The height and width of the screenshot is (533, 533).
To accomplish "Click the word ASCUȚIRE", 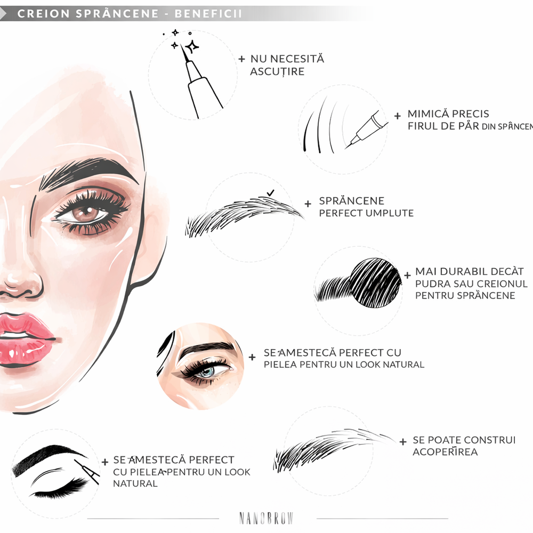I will click(x=277, y=71).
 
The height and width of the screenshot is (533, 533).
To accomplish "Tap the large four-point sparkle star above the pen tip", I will click(x=191, y=46).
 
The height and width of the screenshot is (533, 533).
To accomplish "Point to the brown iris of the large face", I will click(x=84, y=214).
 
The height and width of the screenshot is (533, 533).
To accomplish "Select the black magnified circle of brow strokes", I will click(x=375, y=281).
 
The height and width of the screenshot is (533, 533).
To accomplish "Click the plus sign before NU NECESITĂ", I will click(x=241, y=59).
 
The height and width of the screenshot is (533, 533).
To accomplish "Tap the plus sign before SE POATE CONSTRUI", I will click(x=403, y=441).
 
